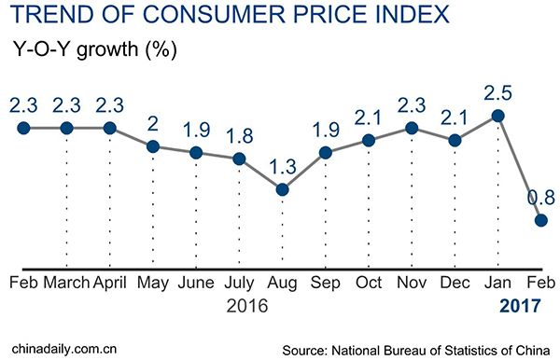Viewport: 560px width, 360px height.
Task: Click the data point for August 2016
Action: click(x=283, y=190)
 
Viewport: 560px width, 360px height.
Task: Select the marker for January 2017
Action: click(x=498, y=116)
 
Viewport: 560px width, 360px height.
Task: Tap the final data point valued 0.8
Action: click(x=541, y=221)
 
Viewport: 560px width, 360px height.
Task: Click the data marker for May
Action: click(x=153, y=146)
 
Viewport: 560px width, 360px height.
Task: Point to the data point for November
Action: click(x=412, y=128)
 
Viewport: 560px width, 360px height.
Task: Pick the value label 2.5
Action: click(x=497, y=92)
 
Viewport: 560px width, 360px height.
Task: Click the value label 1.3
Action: click(x=283, y=167)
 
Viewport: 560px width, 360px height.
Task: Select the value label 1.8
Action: click(x=239, y=135)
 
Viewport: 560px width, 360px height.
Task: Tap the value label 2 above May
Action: click(x=153, y=123)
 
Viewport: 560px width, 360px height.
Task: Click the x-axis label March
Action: click(x=66, y=283)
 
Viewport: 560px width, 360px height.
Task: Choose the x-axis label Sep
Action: click(x=325, y=283)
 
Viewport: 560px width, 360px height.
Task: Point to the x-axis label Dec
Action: click(x=455, y=283)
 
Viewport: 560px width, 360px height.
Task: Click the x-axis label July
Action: click(x=239, y=283)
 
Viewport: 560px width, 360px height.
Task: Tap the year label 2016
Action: click(x=246, y=305)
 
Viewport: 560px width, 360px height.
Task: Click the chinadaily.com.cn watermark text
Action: click(x=63, y=347)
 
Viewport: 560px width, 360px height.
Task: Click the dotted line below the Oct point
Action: click(x=369, y=205)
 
